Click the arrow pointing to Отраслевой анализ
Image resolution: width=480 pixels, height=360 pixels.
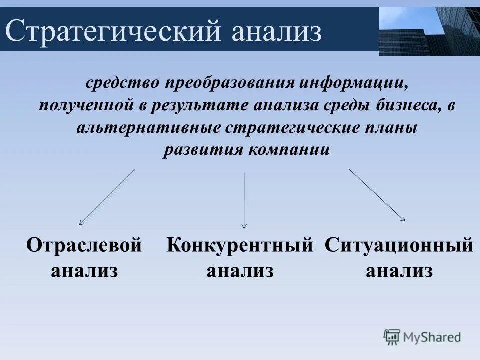(x=107, y=197)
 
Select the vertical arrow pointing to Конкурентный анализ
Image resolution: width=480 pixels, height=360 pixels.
(x=244, y=200)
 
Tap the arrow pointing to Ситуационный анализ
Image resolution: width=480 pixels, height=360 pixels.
(x=377, y=195)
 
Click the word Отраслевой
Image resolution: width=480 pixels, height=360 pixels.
(x=84, y=246)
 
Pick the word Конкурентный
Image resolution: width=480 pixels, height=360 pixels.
(x=240, y=246)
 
